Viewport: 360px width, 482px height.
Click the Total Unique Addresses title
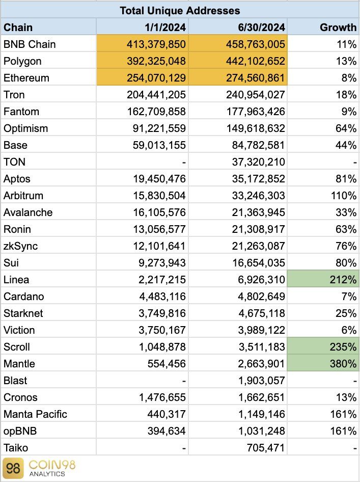pyautogui.click(x=180, y=10)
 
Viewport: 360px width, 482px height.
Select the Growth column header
pyautogui.click(x=338, y=27)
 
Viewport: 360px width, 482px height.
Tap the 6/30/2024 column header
pyautogui.click(x=260, y=27)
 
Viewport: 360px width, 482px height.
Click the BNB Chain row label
pyautogui.click(x=29, y=44)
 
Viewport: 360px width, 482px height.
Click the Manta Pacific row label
pyautogui.click(x=35, y=414)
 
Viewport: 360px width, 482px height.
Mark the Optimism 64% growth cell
pyautogui.click(x=346, y=128)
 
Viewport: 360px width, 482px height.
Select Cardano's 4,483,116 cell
pyautogui.click(x=158, y=297)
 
